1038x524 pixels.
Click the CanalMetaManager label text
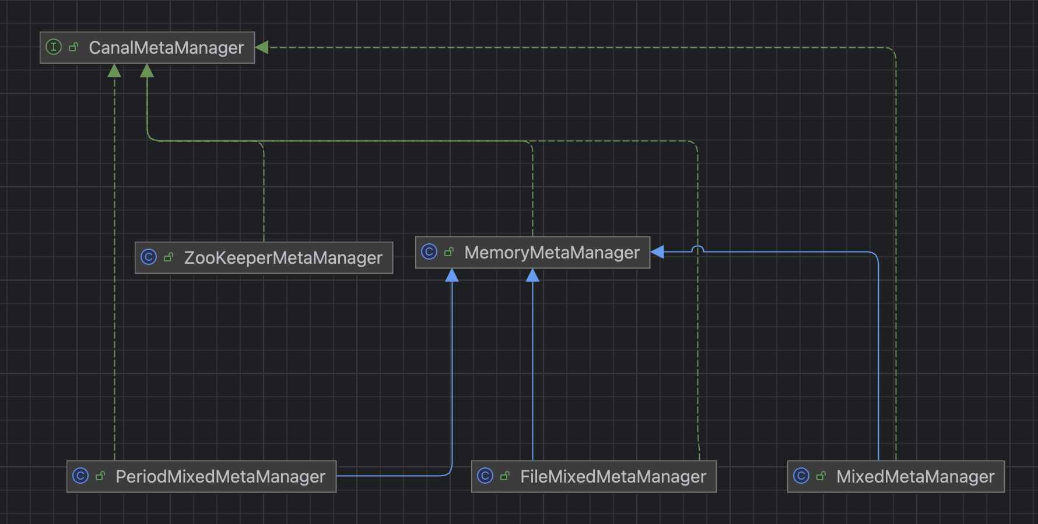coord(166,48)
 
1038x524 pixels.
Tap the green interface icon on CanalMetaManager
coord(54,47)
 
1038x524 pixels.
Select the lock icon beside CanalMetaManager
coord(73,47)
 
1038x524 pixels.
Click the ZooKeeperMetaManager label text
coord(283,258)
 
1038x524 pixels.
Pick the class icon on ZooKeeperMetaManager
coord(149,257)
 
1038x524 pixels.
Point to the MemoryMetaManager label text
coord(552,253)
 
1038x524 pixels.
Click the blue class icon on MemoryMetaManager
coord(429,252)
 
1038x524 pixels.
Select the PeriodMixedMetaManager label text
coord(220,477)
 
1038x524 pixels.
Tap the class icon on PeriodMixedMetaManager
coord(80,476)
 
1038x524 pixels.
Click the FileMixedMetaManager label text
coord(613,477)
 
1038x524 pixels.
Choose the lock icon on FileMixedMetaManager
coord(505,476)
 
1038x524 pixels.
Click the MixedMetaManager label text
coord(916,477)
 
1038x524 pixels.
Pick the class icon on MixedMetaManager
coord(801,476)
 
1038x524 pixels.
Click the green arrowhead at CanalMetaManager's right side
coord(262,47)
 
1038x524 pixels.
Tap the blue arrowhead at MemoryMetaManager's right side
coord(657,252)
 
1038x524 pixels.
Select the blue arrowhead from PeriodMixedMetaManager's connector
coord(452,275)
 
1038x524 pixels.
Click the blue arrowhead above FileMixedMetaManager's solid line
coord(532,275)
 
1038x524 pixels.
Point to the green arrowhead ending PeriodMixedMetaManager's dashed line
coord(114,71)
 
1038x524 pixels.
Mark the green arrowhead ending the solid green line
coord(147,71)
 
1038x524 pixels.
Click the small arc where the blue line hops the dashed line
coord(697,249)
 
